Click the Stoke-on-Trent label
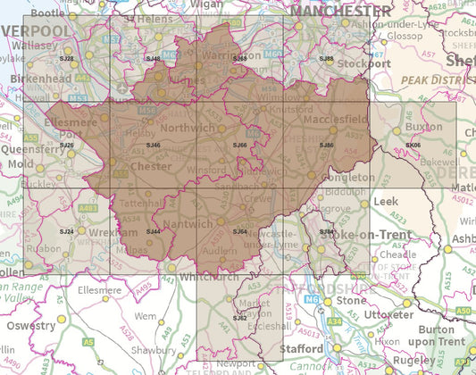[x=362, y=234]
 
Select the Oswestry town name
[x=30, y=326]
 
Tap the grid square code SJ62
[x=239, y=318]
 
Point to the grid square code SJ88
[x=327, y=58]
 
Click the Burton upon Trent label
[x=443, y=335]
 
